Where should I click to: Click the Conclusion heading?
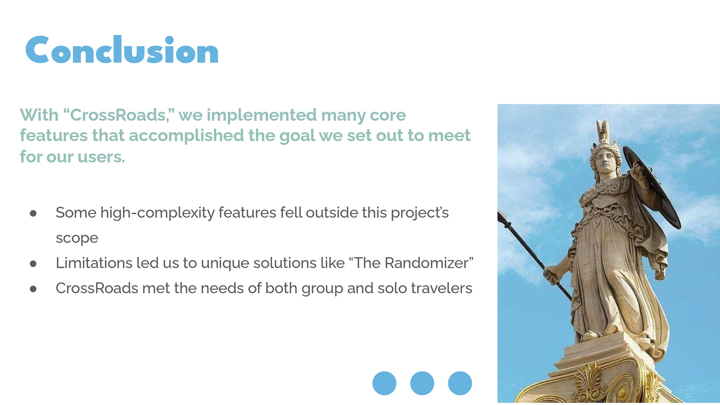(122, 50)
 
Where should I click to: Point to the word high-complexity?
(157, 213)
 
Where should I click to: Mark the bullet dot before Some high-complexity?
(33, 213)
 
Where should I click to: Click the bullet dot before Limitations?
(33, 264)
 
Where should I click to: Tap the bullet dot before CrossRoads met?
(33, 289)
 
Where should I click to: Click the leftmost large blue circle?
(384, 383)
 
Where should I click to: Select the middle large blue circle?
(422, 383)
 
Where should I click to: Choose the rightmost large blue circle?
(460, 383)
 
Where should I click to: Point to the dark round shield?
(652, 186)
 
